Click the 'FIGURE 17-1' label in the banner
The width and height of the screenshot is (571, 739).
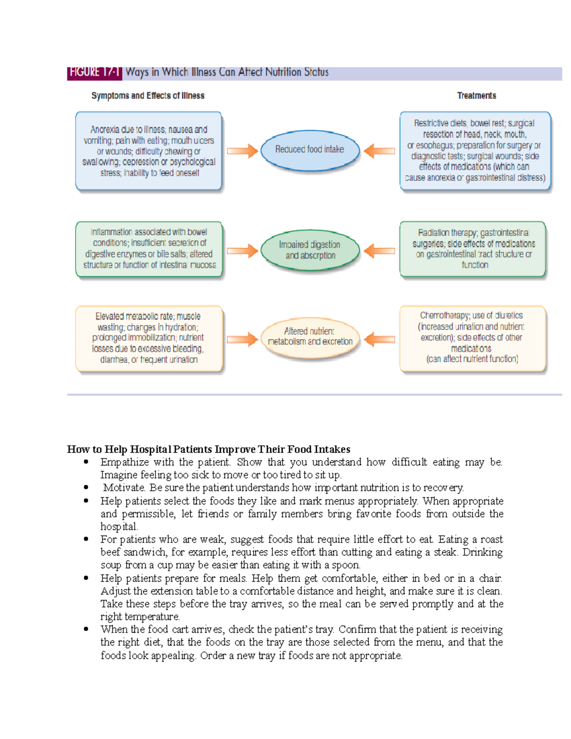click(x=94, y=72)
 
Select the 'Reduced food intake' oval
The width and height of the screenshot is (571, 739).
click(x=310, y=149)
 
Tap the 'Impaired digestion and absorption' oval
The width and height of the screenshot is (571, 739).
click(x=310, y=250)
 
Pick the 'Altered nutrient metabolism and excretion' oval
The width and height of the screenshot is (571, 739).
click(x=310, y=336)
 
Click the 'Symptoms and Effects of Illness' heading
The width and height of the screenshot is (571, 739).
click(x=148, y=96)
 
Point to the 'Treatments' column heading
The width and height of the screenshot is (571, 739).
click(x=476, y=96)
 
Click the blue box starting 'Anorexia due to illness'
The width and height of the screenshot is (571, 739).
click(x=148, y=151)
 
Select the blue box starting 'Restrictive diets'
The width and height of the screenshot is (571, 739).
click(x=475, y=151)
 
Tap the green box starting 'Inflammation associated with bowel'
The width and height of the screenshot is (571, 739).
click(x=149, y=249)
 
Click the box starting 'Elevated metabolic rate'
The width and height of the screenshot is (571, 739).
click(x=148, y=338)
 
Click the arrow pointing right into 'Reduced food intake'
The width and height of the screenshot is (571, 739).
click(x=242, y=151)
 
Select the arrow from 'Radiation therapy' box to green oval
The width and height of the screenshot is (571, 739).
click(x=380, y=251)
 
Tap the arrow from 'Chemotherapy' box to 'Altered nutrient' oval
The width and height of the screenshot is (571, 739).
click(x=380, y=339)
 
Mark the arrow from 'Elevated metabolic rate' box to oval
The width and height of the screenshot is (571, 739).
click(x=242, y=339)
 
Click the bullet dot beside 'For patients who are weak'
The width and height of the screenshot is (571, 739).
click(x=86, y=539)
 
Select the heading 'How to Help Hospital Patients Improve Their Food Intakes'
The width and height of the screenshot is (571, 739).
click(x=208, y=449)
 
